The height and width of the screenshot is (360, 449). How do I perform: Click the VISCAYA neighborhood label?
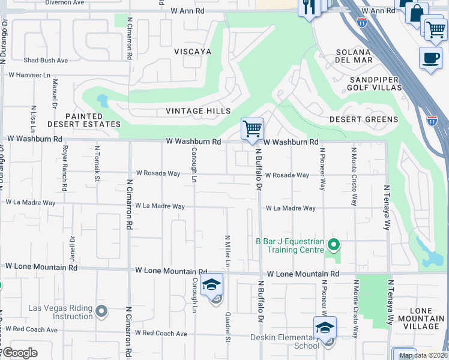pyautogui.click(x=193, y=52)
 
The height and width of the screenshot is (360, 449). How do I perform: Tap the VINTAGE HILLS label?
pyautogui.click(x=198, y=112)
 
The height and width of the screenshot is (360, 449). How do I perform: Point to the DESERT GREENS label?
pyautogui.click(x=364, y=119)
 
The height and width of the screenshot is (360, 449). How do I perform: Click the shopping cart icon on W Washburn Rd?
pyautogui.click(x=252, y=128)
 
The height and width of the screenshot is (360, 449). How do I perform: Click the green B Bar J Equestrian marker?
pyautogui.click(x=334, y=244)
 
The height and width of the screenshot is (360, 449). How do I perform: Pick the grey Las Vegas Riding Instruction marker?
pyautogui.click(x=101, y=312)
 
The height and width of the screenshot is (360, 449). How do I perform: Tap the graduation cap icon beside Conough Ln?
pyautogui.click(x=212, y=284)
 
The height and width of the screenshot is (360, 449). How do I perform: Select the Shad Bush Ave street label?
pyautogui.click(x=46, y=61)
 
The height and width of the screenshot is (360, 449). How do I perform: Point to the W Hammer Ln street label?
pyautogui.click(x=29, y=75)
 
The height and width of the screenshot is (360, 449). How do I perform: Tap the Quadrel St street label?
pyautogui.click(x=228, y=327)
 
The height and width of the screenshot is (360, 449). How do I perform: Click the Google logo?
pyautogui.click(x=19, y=353)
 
